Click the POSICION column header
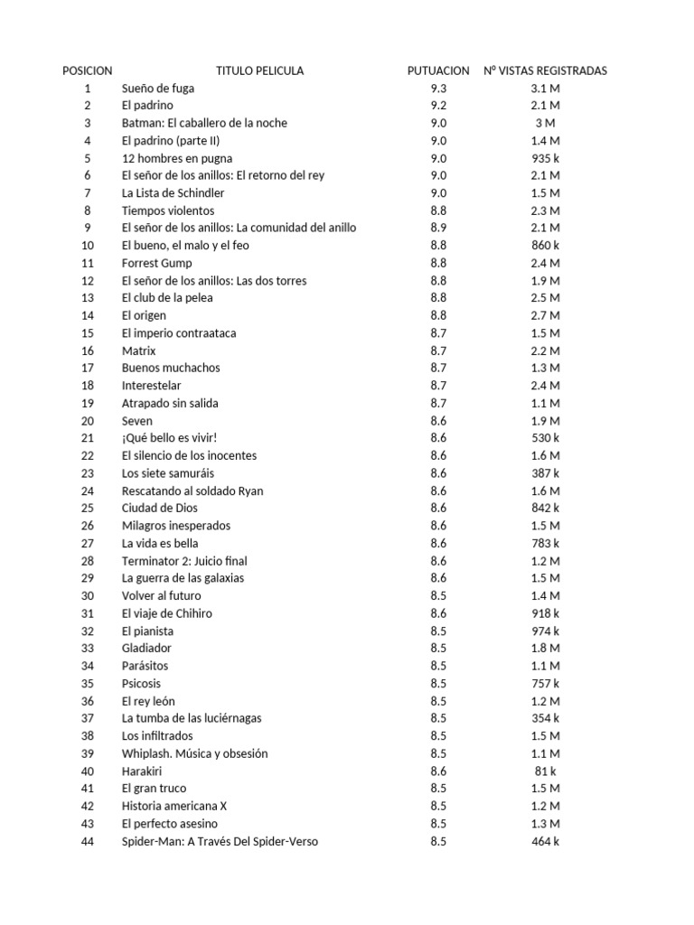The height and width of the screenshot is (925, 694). click(88, 70)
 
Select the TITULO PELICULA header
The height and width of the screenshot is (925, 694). click(259, 70)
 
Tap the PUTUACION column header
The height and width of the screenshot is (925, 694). click(438, 70)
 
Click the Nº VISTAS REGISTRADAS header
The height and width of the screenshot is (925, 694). click(545, 70)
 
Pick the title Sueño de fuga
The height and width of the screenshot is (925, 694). click(158, 89)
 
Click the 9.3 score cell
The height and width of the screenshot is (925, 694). click(438, 89)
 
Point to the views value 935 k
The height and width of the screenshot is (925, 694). click(545, 158)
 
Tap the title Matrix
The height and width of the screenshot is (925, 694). click(139, 350)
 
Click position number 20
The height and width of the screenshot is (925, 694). click(88, 421)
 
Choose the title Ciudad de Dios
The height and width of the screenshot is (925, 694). click(160, 509)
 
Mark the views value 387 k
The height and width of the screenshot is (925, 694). click(545, 473)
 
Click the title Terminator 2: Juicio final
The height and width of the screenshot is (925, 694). click(184, 561)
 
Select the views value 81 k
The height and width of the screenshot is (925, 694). click(545, 771)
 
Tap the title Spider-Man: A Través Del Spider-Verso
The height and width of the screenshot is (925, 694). click(220, 842)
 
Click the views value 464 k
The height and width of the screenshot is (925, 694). click(545, 842)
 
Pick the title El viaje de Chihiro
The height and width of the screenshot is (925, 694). click(166, 613)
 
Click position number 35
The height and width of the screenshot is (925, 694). click(88, 684)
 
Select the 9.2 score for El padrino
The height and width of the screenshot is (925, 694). click(438, 106)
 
